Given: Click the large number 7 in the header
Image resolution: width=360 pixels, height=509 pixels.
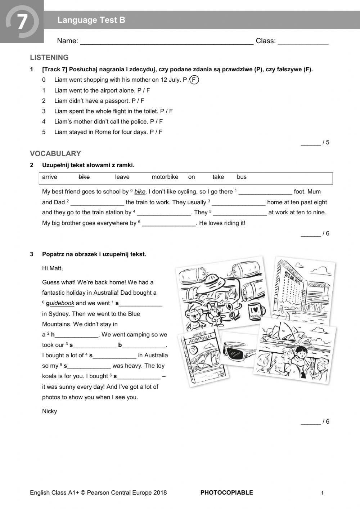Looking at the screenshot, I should point(22,21).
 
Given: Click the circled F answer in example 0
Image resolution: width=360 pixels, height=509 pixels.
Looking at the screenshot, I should point(194,80).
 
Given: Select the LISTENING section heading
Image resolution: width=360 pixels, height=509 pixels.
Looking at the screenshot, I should point(49,58).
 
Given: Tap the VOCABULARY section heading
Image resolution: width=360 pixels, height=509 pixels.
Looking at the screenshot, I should point(55,153).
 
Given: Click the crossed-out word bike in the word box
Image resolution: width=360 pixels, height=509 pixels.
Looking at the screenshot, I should point(84,177).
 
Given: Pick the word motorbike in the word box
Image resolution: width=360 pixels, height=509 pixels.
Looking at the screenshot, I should point(165,177).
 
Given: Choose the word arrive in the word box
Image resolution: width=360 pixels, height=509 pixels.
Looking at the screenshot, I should point(50,177).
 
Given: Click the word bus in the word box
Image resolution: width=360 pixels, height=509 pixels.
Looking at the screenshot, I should point(242,177).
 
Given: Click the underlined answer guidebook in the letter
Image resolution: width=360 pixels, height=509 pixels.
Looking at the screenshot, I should point(62,303).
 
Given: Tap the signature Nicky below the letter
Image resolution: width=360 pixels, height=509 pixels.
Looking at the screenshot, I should point(49,411).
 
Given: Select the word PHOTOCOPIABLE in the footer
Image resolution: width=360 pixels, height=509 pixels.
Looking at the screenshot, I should point(226,492).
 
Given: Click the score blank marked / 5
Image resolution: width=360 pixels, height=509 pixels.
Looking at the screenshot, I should point(310,143).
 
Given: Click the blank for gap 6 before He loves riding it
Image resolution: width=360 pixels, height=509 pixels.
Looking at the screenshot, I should point(168,223).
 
